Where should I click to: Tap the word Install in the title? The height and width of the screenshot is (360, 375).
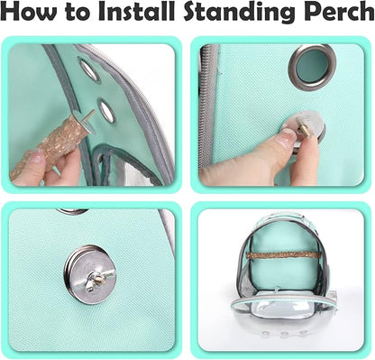(x=137, y=11)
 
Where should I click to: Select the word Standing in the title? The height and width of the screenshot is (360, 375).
(x=238, y=13)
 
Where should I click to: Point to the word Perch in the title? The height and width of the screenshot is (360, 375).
(x=337, y=11)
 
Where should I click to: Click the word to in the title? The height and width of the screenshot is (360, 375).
(x=78, y=13)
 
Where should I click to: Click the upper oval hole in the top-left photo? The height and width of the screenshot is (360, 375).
(x=89, y=69)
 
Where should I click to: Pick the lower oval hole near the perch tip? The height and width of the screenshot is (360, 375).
(x=107, y=111)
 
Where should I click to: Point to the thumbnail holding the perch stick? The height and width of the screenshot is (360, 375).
(x=38, y=156)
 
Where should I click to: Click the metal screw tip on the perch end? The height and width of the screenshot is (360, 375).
(x=90, y=115)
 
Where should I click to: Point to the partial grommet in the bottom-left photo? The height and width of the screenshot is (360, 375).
(x=72, y=211)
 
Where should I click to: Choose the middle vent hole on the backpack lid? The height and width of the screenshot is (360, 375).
(x=282, y=333)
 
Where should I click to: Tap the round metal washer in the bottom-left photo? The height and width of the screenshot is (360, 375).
(x=90, y=275)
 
